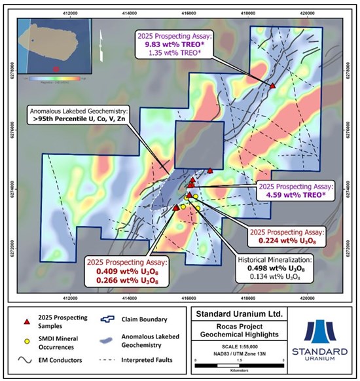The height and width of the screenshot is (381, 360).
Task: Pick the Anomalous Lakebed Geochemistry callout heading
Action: tap(79, 111)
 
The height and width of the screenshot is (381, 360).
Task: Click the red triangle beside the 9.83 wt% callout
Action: tap(272, 86)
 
